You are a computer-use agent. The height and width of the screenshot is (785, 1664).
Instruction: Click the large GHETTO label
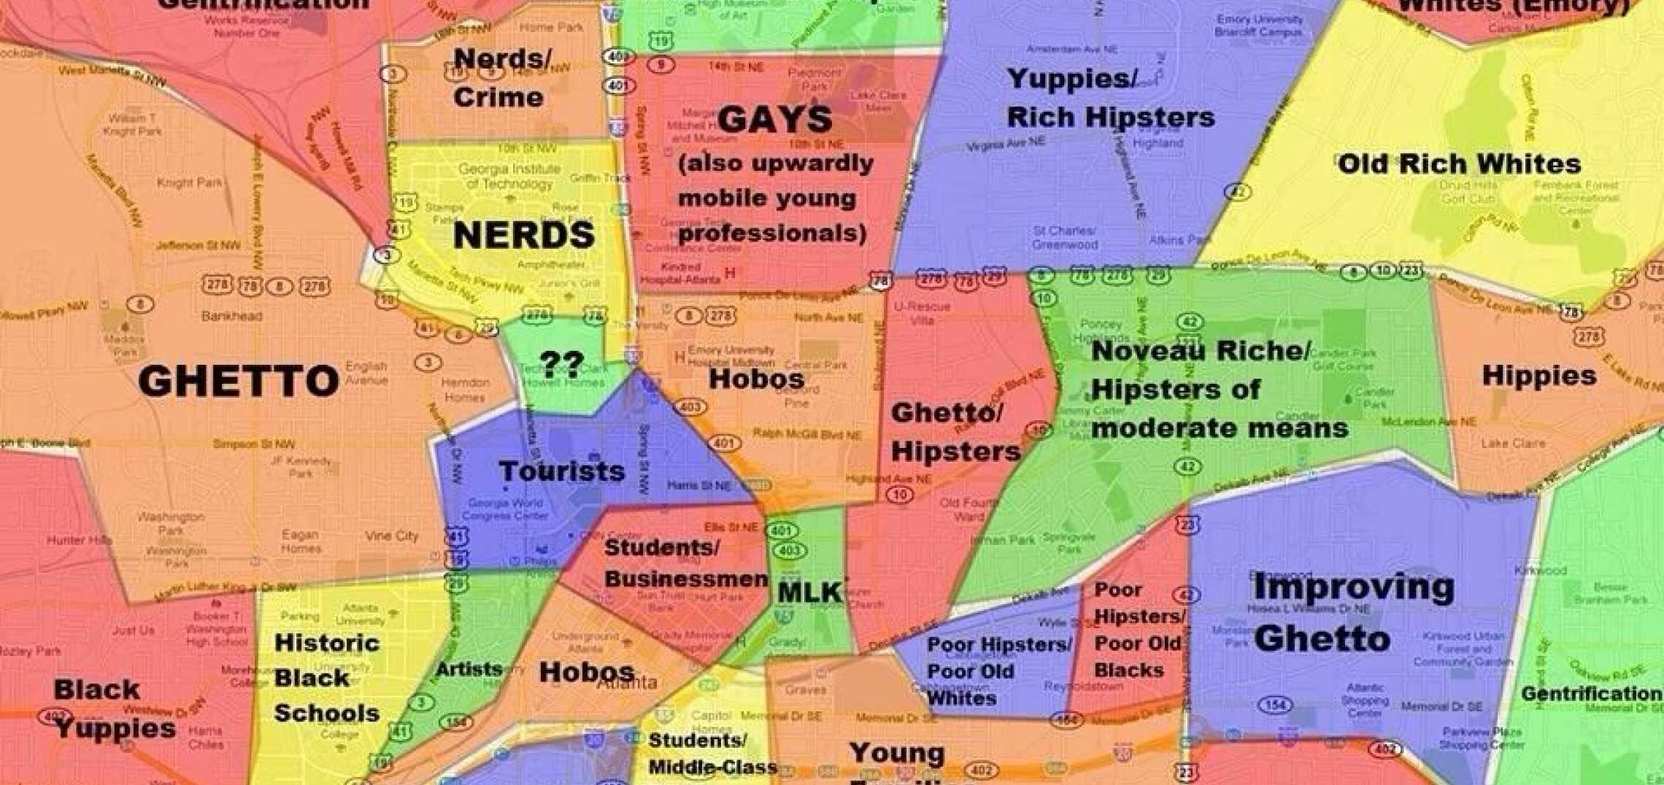tap(239, 381)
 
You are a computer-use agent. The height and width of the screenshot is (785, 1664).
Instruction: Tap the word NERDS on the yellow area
tap(523, 235)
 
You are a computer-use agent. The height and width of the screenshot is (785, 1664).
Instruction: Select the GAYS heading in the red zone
tap(774, 120)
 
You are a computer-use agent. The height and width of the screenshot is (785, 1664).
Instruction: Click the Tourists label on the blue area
tap(561, 471)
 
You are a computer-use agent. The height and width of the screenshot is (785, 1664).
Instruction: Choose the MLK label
tap(809, 592)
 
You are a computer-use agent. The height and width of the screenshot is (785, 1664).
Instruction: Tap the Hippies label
tap(1538, 376)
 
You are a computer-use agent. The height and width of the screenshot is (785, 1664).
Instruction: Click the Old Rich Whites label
tap(1459, 163)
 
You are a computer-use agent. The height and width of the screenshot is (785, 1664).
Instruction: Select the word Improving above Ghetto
tap(1353, 587)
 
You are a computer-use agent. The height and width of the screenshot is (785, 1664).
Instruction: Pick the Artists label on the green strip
tap(469, 668)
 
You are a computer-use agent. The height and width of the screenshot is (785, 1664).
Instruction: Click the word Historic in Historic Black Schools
tap(326, 643)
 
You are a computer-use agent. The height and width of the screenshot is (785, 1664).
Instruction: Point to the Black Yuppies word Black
tap(96, 689)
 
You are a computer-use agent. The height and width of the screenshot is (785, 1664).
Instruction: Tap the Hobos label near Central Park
tap(756, 379)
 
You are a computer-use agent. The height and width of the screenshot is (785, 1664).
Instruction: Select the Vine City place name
tap(391, 536)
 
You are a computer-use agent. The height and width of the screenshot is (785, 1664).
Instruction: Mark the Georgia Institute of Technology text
tap(509, 176)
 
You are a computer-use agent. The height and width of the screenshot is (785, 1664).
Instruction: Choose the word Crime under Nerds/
tap(498, 97)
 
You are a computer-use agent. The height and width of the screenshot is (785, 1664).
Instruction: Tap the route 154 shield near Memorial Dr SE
tap(1274, 705)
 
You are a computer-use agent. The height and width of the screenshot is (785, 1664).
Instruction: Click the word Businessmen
tap(686, 579)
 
